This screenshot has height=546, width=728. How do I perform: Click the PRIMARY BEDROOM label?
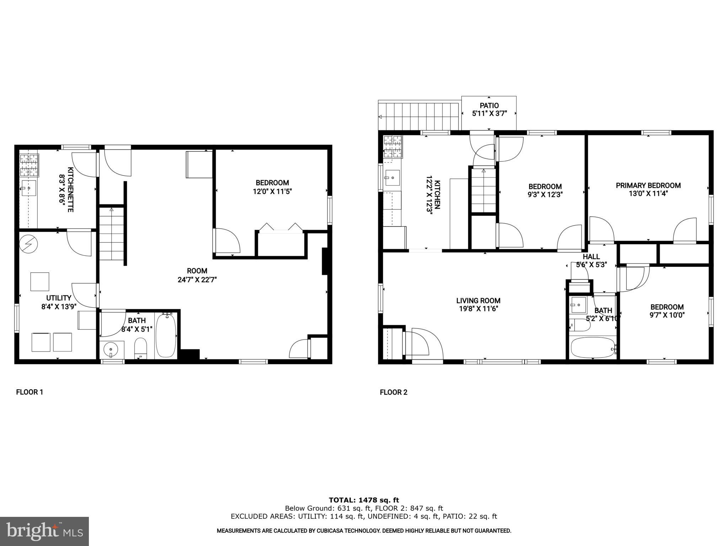[648, 185]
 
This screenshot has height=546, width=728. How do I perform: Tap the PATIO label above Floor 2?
[489, 106]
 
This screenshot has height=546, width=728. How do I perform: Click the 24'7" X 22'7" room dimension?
[197, 280]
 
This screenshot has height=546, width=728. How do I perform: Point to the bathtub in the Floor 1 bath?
[166, 336]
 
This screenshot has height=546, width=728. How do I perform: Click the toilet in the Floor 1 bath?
[141, 348]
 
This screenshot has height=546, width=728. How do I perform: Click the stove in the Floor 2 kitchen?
[393, 146]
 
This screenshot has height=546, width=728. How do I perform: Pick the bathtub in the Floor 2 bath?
[593, 348]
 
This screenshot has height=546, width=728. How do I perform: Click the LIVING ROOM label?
[478, 301]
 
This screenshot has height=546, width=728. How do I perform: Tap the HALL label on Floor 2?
[591, 257]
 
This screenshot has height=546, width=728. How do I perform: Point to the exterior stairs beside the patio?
[419, 116]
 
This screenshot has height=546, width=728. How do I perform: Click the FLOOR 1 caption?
[30, 392]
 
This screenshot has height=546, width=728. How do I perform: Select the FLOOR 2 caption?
[394, 392]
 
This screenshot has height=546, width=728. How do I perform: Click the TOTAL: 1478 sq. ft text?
[364, 500]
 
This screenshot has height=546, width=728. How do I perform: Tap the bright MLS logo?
[44, 531]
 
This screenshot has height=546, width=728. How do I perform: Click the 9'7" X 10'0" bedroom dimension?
[667, 315]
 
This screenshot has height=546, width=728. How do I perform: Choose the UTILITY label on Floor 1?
[59, 298]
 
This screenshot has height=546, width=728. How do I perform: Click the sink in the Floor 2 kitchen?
[392, 177]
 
